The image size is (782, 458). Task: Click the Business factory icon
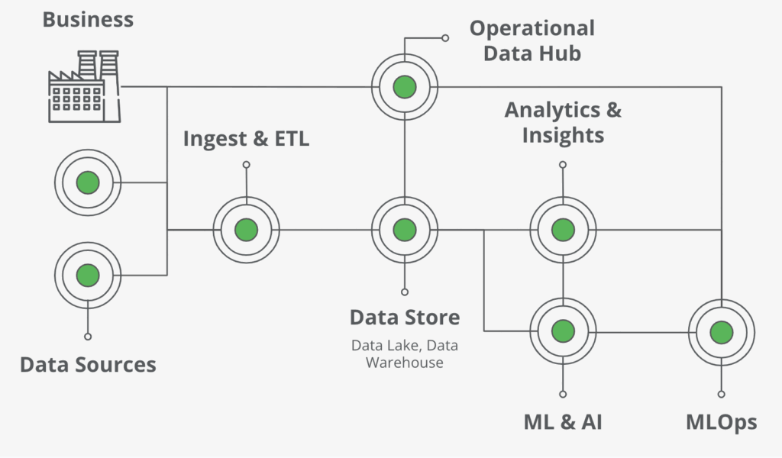(84, 86)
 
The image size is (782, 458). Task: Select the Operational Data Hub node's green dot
(405, 87)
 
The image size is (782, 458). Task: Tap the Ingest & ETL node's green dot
(247, 231)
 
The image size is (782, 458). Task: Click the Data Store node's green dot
(405, 231)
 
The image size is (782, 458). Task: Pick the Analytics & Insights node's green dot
(563, 231)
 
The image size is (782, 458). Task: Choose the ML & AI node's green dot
(563, 331)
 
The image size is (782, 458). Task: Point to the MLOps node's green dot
(721, 332)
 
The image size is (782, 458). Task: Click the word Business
(88, 20)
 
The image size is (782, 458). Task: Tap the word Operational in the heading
(532, 29)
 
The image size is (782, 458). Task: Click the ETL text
(292, 139)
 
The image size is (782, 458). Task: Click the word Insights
(563, 136)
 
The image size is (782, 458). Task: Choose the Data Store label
(405, 318)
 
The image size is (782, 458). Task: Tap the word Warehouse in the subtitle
(405, 363)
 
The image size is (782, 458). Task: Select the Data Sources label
(88, 365)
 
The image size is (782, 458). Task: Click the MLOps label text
(721, 423)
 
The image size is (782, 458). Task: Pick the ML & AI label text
(563, 422)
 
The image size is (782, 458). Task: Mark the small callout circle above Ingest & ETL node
(247, 164)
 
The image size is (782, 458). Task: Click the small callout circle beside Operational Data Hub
(445, 38)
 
